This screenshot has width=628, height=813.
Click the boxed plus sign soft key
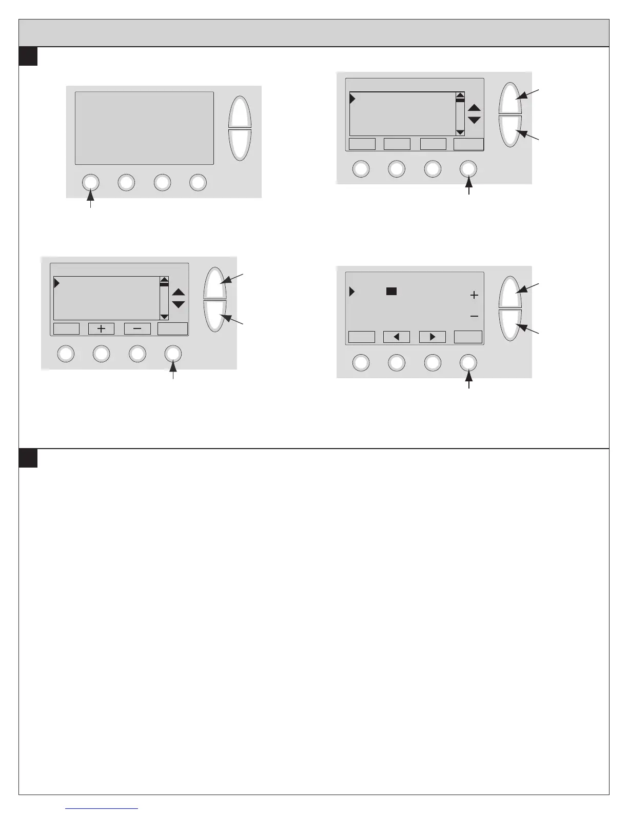point(102,329)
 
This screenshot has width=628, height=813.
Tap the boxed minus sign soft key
point(138,329)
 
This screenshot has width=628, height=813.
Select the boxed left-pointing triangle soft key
point(397,337)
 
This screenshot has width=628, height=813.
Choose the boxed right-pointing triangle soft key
point(433,337)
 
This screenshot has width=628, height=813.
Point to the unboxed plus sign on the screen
point(474,295)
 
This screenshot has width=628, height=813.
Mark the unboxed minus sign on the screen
point(474,316)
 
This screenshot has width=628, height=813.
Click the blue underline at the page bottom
point(102,809)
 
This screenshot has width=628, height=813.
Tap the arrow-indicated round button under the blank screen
point(90,182)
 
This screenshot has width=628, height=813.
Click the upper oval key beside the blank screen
point(240,112)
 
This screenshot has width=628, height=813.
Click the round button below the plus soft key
point(102,354)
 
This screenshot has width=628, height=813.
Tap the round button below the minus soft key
point(138,354)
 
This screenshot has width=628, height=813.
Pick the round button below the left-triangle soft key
point(397,362)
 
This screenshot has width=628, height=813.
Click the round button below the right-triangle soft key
point(433,362)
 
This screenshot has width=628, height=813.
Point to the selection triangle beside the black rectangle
point(352,292)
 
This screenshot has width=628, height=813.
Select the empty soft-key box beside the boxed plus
point(66,329)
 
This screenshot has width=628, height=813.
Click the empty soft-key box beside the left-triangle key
point(362,337)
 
